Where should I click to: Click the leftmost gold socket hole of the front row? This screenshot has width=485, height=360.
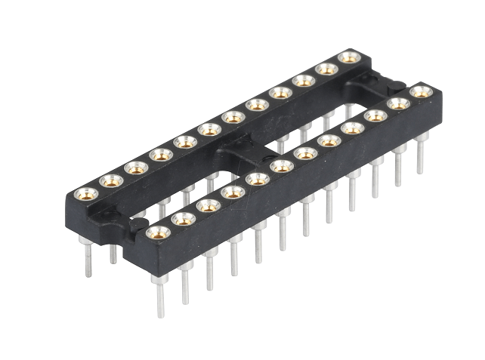158,232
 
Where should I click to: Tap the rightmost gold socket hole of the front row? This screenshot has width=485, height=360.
421,92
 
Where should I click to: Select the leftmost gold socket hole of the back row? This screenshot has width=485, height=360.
87,193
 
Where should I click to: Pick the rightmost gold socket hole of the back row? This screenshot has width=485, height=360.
349,57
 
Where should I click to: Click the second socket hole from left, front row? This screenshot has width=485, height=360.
183,219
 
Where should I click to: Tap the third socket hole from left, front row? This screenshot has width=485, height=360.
208,205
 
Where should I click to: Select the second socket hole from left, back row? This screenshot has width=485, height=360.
112,180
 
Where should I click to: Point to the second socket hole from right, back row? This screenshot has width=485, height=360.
326,69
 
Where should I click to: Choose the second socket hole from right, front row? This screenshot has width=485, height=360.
398,103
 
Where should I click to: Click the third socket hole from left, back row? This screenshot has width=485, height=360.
137,168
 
